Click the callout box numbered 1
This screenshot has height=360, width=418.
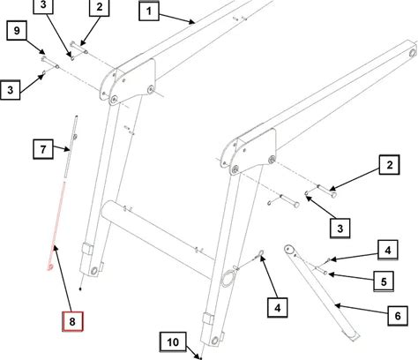[x=149, y=11]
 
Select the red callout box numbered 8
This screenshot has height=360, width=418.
[x=72, y=321]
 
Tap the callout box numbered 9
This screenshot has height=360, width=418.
[x=17, y=30]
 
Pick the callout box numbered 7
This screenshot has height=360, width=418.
[x=43, y=149]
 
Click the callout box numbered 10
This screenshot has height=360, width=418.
[x=173, y=342]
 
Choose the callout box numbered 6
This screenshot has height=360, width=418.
[x=398, y=316]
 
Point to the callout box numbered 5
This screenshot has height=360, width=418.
[x=384, y=281]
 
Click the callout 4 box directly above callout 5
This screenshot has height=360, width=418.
[x=388, y=251]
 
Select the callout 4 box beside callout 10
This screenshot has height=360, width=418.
[x=278, y=308]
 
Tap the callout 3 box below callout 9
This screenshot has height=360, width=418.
[x=11, y=90]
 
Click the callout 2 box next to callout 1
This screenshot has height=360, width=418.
[x=100, y=7]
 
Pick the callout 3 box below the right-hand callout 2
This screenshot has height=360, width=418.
[x=340, y=229]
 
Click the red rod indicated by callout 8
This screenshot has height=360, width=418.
[x=57, y=224]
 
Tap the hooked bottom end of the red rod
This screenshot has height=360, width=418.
[x=50, y=266]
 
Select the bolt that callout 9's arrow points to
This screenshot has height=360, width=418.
[x=50, y=63]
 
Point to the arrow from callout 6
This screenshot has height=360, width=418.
[x=362, y=310]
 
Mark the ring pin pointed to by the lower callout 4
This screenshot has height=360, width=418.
[x=261, y=252]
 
